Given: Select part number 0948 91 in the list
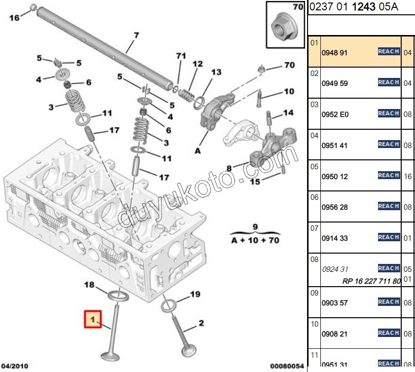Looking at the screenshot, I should [x=335, y=52].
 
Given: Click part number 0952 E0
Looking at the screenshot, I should [x=335, y=114].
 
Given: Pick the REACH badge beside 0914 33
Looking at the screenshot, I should [x=388, y=237].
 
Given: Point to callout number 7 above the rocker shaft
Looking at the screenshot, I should [x=136, y=35].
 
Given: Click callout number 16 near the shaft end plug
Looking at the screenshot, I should [x=14, y=18].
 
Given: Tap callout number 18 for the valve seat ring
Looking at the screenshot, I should [x=89, y=285].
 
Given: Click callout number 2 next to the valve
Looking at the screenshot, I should [x=201, y=323].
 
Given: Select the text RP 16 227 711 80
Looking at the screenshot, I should [x=372, y=281].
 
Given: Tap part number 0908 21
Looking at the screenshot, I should [x=335, y=334].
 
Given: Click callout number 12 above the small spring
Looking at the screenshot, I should [x=197, y=64].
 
